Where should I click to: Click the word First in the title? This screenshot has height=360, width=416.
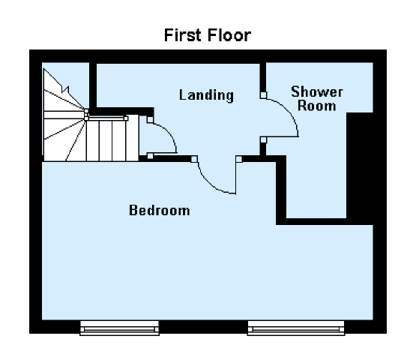(x=184, y=35)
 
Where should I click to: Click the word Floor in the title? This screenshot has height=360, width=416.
(x=229, y=35)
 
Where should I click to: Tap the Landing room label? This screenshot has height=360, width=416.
(x=206, y=95)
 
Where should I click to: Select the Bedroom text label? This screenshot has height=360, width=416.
(x=160, y=210)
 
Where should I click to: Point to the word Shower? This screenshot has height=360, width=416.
(x=317, y=91)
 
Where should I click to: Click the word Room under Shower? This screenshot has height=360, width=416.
(x=317, y=106)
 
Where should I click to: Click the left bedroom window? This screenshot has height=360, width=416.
(x=120, y=328)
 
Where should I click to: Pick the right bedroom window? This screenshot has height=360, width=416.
(x=296, y=328)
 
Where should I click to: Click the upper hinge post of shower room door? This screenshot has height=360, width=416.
(x=263, y=95)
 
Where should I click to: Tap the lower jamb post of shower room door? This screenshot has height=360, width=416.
(x=263, y=139)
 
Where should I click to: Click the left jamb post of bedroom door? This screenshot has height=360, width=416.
(x=194, y=159)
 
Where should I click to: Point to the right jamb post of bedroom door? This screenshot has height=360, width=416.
(x=239, y=159)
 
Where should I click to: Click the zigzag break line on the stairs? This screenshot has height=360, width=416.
(x=64, y=89)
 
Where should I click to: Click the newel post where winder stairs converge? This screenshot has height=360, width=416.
(x=86, y=115)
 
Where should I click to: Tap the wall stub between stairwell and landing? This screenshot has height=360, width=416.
(x=93, y=86)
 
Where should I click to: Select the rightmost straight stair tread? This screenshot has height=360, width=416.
(x=132, y=138)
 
